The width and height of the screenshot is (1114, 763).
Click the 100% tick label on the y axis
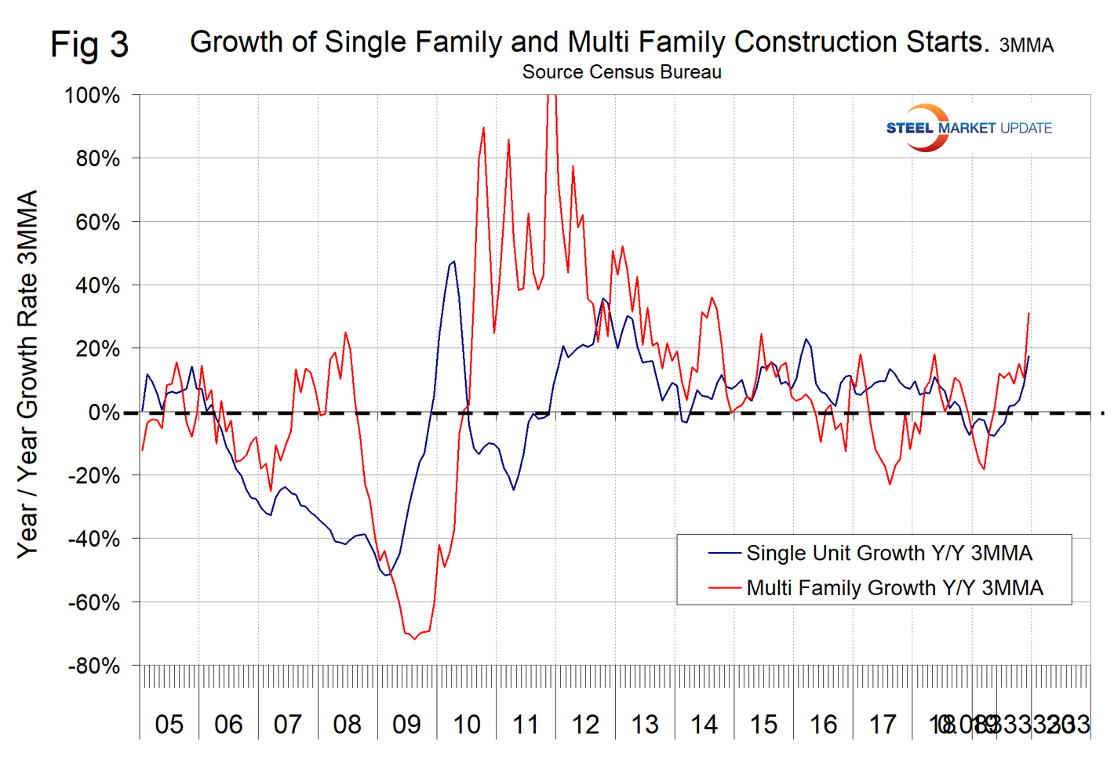tap(92, 96)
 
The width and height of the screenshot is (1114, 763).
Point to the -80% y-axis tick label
tap(93, 667)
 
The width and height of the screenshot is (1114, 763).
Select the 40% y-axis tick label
tap(97, 285)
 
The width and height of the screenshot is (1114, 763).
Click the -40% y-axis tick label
tap(93, 540)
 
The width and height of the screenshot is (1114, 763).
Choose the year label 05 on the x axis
tap(169, 725)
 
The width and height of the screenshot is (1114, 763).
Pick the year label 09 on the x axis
tap(406, 725)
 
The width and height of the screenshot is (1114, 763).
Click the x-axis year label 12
tap(585, 725)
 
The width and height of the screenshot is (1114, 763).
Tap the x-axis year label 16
tap(823, 725)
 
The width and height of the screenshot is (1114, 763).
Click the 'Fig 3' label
tap(89, 45)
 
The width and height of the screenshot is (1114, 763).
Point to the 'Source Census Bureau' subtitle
tap(621, 72)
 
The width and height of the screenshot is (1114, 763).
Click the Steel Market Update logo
tap(968, 128)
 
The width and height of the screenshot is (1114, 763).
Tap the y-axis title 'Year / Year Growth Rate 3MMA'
tap(28, 374)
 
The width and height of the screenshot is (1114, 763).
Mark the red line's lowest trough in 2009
tap(414, 639)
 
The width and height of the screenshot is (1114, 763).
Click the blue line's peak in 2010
tap(453, 262)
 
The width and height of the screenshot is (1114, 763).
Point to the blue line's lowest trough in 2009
tap(386, 576)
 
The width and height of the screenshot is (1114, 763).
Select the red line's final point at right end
tap(1028, 313)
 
